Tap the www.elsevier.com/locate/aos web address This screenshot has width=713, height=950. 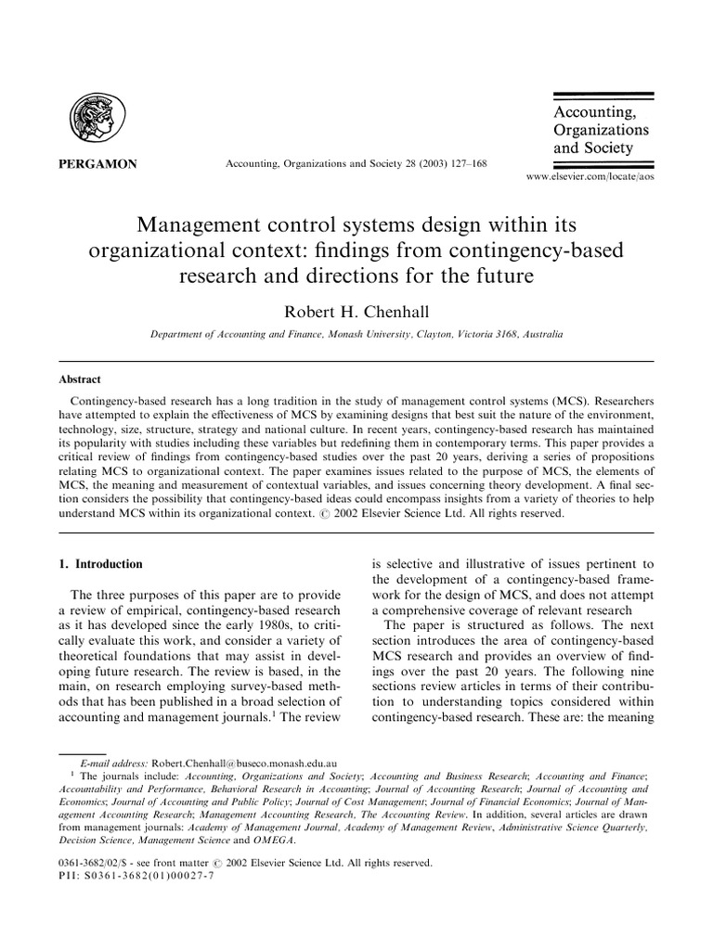click(590, 175)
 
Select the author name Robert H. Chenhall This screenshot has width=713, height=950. click(356, 313)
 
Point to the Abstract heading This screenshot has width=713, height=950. click(81, 379)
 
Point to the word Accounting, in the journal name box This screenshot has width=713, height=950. click(594, 112)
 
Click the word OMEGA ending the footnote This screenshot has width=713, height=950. click(272, 841)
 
